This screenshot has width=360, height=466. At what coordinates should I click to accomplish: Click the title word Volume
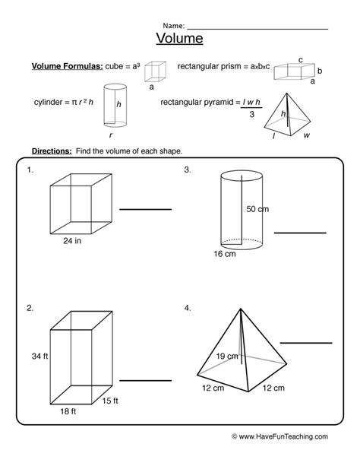coord(179,38)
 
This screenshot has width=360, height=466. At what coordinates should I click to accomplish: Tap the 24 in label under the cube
coord(72,241)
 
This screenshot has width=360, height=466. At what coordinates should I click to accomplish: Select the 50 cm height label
coord(257,209)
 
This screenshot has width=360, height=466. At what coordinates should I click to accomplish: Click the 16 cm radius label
coord(225,254)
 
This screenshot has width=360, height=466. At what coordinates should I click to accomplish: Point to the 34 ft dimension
coord(39,356)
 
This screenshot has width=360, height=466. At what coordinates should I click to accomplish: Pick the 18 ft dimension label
coord(68,411)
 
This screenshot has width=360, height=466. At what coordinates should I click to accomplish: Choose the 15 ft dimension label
coord(110,401)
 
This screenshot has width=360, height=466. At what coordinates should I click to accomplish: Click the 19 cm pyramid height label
coord(227,356)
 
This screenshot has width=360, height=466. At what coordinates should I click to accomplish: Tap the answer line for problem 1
coord(146,210)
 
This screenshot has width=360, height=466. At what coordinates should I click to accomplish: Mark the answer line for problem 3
coord(300,233)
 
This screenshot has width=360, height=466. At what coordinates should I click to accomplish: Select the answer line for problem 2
coord(146,380)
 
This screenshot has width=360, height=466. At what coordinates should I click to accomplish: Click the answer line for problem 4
coord(306,343)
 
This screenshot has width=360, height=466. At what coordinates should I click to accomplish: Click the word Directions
coord(52,151)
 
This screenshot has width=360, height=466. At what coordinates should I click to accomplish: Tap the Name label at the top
coord(174,26)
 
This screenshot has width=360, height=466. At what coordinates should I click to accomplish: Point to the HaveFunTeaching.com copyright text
coord(279,436)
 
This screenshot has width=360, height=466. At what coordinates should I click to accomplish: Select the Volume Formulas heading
coord(68,66)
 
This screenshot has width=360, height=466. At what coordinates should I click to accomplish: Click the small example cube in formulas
coord(155,71)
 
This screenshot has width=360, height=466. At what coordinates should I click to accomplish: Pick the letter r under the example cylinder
coord(111,135)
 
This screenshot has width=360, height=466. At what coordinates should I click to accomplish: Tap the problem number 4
coord(188,308)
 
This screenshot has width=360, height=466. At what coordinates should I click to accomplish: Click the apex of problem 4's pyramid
coord(241,309)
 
